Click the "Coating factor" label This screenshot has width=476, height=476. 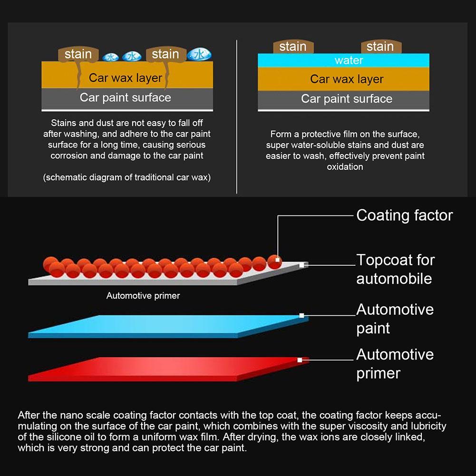point(404,215)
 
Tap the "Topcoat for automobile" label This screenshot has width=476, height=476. point(395,269)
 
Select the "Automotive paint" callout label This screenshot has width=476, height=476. point(395,319)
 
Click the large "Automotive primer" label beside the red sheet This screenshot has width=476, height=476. point(395,364)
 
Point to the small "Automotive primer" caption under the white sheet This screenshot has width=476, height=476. point(143,296)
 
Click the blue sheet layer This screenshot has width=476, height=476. point(166,326)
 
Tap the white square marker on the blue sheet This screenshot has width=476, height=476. point(301,315)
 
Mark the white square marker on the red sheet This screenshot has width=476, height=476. point(300,360)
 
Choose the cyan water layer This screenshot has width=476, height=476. point(343,60)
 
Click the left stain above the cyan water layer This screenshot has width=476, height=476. point(292,47)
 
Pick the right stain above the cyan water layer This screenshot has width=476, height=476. point(380,47)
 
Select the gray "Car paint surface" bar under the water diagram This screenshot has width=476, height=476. point(343,99)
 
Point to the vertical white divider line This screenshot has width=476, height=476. point(237,117)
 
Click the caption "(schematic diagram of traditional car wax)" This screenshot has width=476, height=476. point(126,177)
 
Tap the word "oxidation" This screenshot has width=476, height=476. point(345,167)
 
